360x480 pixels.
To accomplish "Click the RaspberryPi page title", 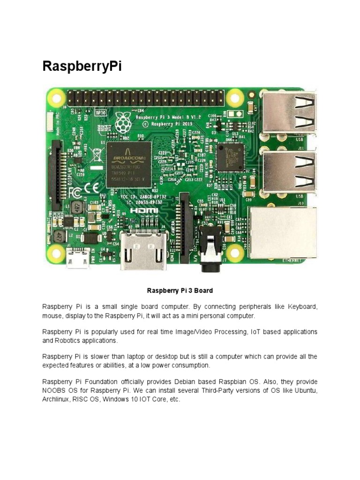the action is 82,66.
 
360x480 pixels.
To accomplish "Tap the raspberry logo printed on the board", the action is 123,123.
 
